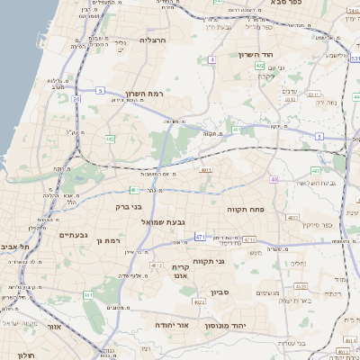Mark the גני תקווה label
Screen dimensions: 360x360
(x=234, y=261)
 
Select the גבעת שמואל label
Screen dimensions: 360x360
(x=164, y=220)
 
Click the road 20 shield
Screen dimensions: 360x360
(x=76, y=98)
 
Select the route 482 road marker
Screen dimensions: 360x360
(x=110, y=139)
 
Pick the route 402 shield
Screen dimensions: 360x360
(x=259, y=66)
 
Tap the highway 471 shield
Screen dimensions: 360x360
(x=200, y=237)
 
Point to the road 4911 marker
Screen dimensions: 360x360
(x=206, y=168)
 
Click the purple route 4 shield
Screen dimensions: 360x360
(x=212, y=59)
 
